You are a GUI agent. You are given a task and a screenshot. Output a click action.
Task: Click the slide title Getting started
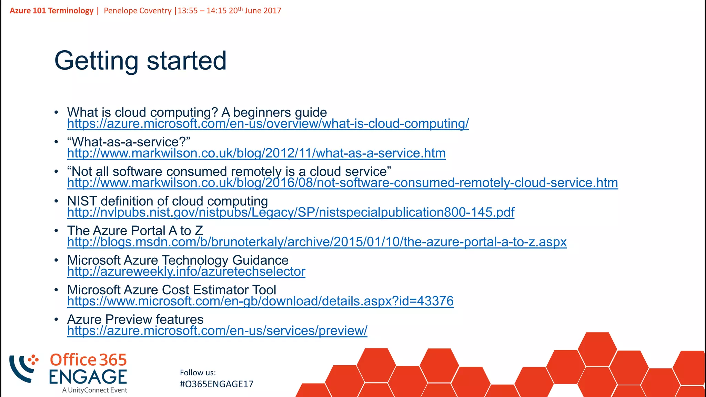coord(140,61)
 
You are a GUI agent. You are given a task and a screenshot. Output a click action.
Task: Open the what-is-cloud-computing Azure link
coord(268,124)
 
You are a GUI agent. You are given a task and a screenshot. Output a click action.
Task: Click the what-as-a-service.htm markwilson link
coord(256,153)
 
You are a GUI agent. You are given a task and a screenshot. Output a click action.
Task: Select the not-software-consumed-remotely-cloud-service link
coord(342,183)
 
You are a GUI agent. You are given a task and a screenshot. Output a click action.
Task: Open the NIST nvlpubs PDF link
coord(291,213)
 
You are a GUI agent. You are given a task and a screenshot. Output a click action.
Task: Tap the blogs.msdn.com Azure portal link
coord(316,242)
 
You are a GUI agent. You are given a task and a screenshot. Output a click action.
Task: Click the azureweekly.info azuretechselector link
coord(186,272)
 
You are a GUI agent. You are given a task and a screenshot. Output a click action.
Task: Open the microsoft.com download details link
coord(260,302)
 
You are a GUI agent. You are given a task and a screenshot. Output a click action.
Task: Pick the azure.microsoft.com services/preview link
coord(217,331)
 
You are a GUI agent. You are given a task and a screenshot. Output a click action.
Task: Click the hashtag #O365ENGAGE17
coord(216,384)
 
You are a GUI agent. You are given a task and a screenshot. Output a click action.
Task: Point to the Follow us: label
coord(198,373)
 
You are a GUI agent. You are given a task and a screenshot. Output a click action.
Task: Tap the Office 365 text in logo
coord(88,360)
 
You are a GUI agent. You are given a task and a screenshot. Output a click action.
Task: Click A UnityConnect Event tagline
coord(95,390)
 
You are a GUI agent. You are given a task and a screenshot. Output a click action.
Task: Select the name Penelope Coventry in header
coord(138,11)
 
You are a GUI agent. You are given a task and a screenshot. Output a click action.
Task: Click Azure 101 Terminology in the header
coord(52,11)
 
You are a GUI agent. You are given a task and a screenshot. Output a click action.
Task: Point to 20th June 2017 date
coord(255,11)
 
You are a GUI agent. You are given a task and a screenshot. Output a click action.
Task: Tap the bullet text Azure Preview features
coord(135,319)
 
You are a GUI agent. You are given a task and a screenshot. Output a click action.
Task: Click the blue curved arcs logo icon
coord(22,368)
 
